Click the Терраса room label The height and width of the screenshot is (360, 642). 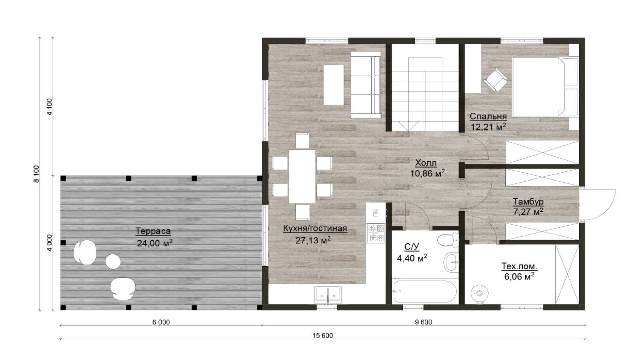pos(153,231)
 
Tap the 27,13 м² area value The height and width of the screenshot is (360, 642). pos(313,240)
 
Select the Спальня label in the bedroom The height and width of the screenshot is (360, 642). pos(488,116)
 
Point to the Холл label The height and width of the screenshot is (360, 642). pos(426,163)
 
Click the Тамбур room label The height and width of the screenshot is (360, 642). pos(528,202)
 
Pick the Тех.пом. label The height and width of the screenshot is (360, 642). pos(519,266)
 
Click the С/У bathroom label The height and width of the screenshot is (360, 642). pos(412,247)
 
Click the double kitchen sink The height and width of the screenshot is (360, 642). pos(328,295)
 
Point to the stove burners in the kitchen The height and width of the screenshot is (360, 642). pos(376,233)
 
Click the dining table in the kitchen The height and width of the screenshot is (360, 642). pos(302,176)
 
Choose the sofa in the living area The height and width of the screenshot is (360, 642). pos(366,85)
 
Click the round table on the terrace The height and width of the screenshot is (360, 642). pos(113,261)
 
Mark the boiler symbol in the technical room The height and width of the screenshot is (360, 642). pos(480,294)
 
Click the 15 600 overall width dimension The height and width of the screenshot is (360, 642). pos(323,335)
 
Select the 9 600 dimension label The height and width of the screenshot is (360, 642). pos(423,322)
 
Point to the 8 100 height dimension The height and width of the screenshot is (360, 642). pos(36,174)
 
